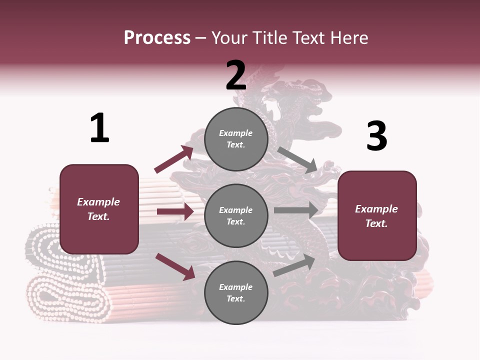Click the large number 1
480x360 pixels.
99,128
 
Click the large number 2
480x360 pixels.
236,75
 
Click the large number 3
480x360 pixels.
376,137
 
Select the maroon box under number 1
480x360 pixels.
99,209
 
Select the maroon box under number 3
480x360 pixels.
377,216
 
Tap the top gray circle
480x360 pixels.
236,139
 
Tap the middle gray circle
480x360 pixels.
236,216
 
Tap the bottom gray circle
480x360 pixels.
236,293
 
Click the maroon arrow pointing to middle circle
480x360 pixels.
175,211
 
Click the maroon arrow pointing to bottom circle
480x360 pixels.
175,266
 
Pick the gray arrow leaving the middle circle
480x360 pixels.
296,210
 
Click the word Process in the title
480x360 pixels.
157,37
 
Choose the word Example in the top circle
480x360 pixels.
236,133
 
